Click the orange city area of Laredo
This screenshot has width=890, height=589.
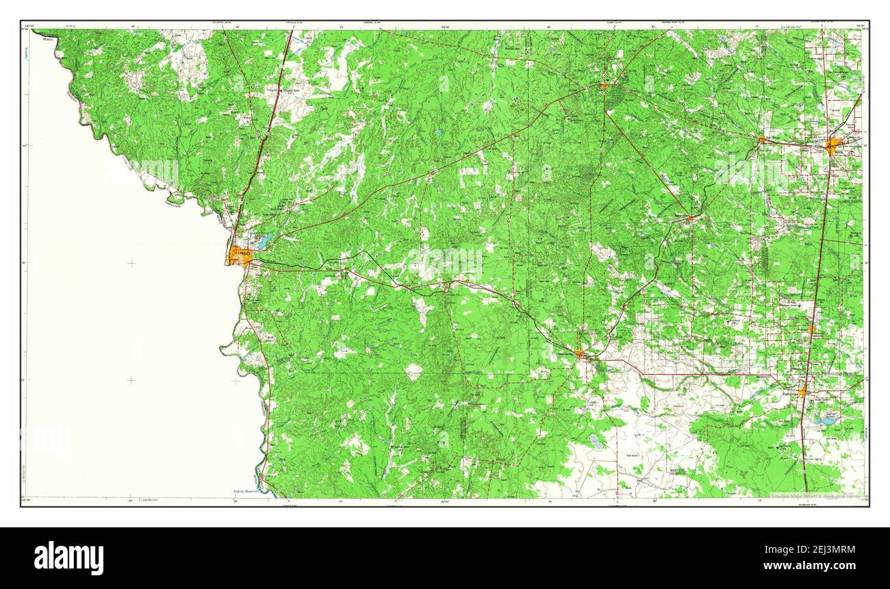tap(240, 256)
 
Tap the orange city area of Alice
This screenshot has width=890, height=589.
tap(832, 146)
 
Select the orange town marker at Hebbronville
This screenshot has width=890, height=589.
tap(579, 354)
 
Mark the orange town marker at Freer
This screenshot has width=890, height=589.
tap(605, 86)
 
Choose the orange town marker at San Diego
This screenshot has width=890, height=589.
tap(762, 140)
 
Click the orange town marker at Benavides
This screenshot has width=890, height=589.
tap(691, 219)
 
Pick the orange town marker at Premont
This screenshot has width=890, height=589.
tap(811, 329)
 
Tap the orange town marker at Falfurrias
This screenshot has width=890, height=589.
tap(802, 392)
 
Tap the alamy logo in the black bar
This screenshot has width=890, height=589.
tap(68, 558)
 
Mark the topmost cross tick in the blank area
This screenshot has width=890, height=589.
tap(131, 263)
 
